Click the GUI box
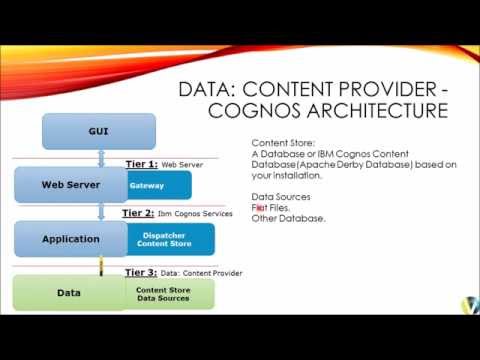(x=99, y=131)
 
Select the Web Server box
(x=69, y=185)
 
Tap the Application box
(x=70, y=239)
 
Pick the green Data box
(x=69, y=293)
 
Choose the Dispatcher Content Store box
(x=169, y=239)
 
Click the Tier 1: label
(x=141, y=163)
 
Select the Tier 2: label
(x=138, y=213)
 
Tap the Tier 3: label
(x=141, y=271)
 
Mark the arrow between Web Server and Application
(x=100, y=212)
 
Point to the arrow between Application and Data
(x=100, y=266)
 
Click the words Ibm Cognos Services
(x=195, y=214)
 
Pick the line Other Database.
(x=288, y=218)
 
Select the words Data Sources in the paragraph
(x=281, y=197)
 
